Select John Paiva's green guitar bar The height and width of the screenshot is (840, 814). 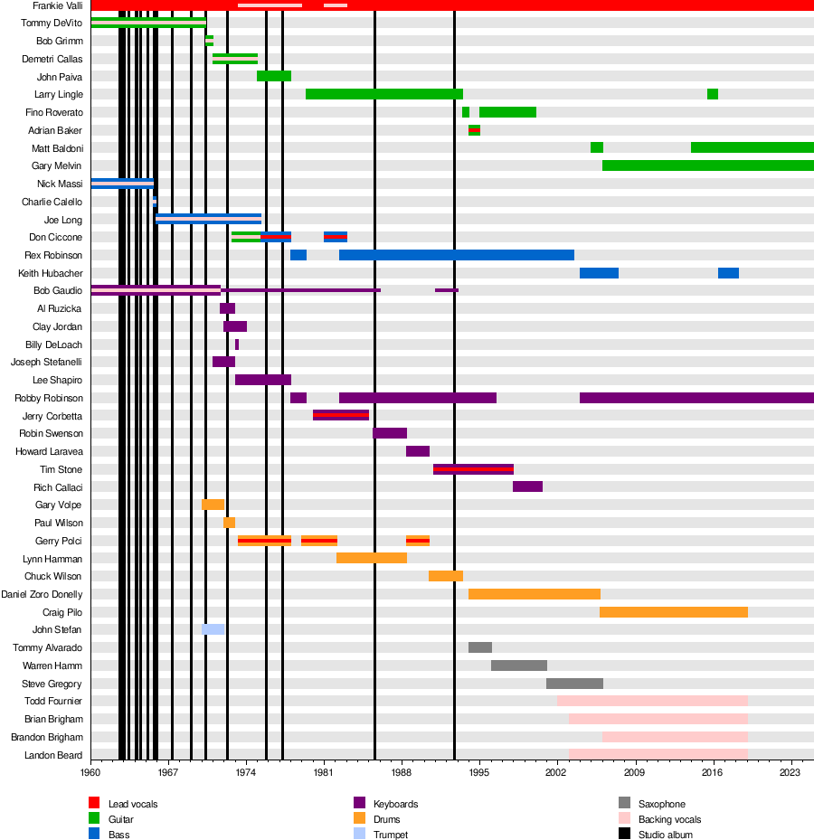pyautogui.click(x=273, y=76)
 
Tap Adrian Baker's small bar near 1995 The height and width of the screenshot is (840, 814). pyautogui.click(x=474, y=130)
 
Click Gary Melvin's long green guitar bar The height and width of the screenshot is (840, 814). pyautogui.click(x=707, y=165)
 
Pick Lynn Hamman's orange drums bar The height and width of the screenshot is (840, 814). pyautogui.click(x=371, y=558)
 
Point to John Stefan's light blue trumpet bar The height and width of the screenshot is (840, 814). pyautogui.click(x=213, y=629)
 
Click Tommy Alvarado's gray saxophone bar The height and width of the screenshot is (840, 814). pyautogui.click(x=479, y=647)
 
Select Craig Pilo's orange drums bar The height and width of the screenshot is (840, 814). pyautogui.click(x=673, y=612)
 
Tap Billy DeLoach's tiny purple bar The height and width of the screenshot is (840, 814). pyautogui.click(x=237, y=344)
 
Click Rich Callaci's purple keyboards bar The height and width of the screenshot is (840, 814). pyautogui.click(x=527, y=486)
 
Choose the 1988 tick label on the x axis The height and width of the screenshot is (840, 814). pyautogui.click(x=402, y=773)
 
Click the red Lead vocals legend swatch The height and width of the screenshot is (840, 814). pyautogui.click(x=94, y=804)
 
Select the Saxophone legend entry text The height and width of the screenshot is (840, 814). pyautogui.click(x=661, y=804)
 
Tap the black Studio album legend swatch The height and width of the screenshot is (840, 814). pyautogui.click(x=624, y=835)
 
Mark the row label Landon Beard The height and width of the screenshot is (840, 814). pyautogui.click(x=53, y=755)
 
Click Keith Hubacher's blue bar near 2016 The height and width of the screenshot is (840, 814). pyautogui.click(x=728, y=273)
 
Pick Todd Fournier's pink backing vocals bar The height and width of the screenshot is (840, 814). pyautogui.click(x=652, y=701)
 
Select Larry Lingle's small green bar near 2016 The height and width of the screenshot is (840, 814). pyautogui.click(x=713, y=94)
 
